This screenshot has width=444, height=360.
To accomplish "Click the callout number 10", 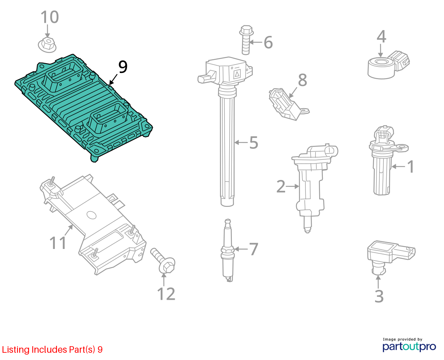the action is coord(50,17).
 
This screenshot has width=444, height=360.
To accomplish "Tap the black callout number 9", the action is coord(123,67).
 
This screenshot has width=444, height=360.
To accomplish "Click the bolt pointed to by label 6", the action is coord(246,40).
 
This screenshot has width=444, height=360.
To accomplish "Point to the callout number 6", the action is coord(268,42).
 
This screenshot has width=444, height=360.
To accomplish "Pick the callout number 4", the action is coord(381,37).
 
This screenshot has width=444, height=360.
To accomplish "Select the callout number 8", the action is coord(303,80).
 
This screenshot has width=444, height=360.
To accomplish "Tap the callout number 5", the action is coord(254,143).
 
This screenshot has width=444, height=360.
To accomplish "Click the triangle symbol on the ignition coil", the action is coord(237,74).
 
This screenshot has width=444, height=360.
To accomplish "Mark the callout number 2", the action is coord(280,186).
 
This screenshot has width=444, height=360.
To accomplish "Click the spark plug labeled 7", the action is coord(228,250).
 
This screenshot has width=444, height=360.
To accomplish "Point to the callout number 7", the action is coord(254,249).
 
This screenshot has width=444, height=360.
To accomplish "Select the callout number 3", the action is coord(379,296).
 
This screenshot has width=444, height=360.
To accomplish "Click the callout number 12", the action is coord(166,294).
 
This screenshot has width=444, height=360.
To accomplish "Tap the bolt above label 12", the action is coord(163,261).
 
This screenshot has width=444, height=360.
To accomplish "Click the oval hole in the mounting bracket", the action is coord(91,215).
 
